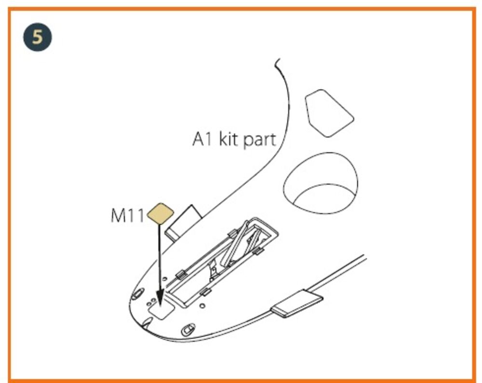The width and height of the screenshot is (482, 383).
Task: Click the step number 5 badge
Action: (38, 37)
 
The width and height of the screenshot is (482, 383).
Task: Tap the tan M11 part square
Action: (161, 214)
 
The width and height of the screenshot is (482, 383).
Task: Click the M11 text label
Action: (127, 216)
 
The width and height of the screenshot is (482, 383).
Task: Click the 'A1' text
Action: (202, 139)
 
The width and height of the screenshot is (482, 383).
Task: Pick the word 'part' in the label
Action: (259, 140)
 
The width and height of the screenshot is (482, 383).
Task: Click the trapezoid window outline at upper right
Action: (329, 113)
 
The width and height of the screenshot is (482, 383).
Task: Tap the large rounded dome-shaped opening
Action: (321, 183)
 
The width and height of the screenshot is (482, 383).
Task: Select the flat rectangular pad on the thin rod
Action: (296, 303)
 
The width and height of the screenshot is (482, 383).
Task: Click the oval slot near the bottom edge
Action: (188, 329)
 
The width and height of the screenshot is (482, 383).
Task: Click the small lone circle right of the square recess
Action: (202, 306)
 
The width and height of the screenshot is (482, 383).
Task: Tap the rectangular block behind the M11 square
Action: (183, 222)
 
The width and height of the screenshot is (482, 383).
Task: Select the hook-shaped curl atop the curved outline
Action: (277, 63)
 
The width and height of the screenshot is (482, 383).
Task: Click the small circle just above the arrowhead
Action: (165, 279)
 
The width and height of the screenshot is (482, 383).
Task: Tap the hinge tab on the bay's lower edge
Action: (205, 292)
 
